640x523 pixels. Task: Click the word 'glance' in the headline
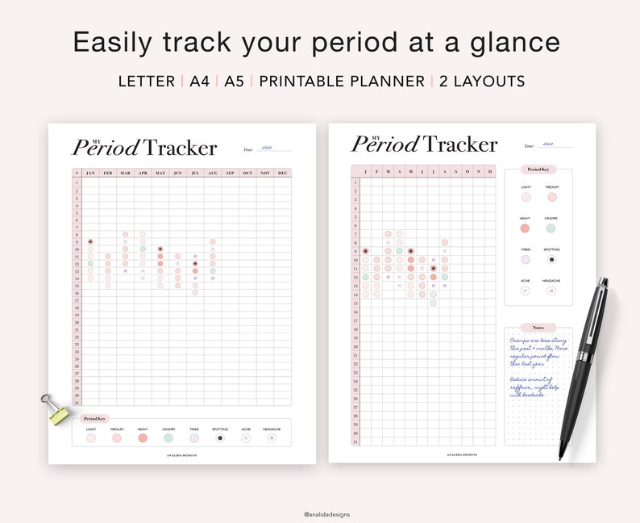tap(514, 42)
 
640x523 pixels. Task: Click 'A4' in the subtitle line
tap(199, 82)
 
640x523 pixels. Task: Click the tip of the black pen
tap(561, 458)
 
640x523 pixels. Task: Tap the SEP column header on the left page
tap(230, 173)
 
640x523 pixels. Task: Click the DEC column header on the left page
tap(282, 173)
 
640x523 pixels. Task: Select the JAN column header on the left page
tap(90, 173)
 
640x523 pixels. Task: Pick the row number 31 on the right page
tap(355, 441)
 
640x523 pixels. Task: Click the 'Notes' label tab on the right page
tap(538, 328)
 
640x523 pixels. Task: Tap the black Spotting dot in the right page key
tap(551, 260)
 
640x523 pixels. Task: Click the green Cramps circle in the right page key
tap(551, 228)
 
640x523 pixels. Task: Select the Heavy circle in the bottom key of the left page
tap(143, 438)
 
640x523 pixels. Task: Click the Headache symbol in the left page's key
tap(272, 438)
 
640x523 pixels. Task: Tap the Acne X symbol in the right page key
tap(526, 291)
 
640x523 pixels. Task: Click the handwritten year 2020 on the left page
tap(268, 148)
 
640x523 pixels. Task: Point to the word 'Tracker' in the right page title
tap(460, 144)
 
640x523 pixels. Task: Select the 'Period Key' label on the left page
tap(95, 418)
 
